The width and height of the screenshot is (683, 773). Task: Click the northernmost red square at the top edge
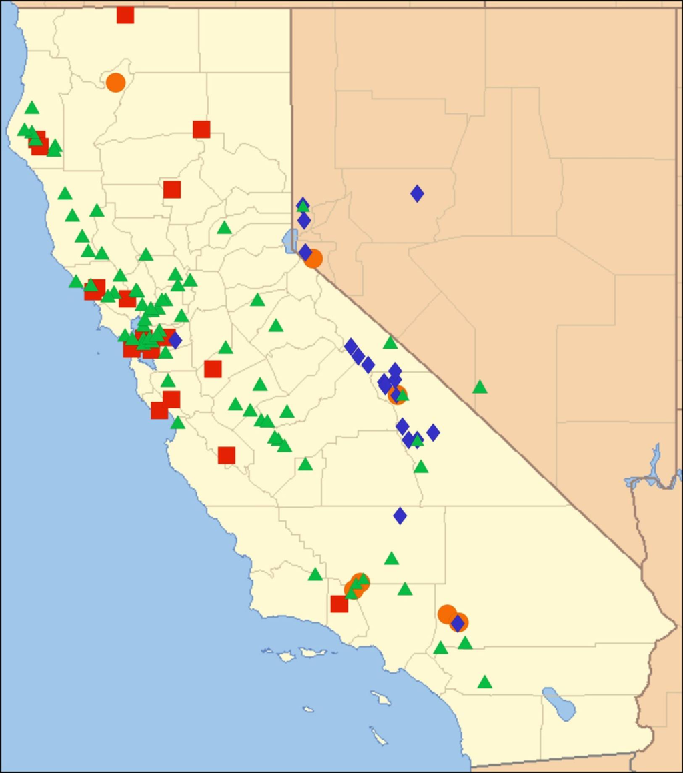point(125,15)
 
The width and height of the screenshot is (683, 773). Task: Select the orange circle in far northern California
point(115,82)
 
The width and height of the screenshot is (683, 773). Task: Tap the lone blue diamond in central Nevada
point(417,193)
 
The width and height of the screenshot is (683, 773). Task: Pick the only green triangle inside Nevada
point(480,387)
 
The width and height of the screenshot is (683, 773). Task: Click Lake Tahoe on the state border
point(290,240)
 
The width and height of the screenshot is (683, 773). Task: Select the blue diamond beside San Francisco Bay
point(175,340)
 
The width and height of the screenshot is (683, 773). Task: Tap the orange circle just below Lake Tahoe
point(313,259)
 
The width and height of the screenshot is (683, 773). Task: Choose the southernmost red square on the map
point(339,604)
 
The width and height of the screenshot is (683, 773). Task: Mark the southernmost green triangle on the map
point(485,682)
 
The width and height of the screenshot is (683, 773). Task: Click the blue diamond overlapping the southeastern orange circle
point(458,623)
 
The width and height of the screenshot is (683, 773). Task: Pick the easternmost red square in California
point(201,129)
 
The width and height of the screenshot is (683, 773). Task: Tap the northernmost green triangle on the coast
point(31,107)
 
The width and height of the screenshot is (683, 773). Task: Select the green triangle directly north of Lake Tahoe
point(303,205)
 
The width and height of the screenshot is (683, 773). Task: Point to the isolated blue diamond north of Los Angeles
point(400,515)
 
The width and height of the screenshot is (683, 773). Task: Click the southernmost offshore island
point(378,736)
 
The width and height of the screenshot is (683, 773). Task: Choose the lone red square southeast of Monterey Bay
point(227,455)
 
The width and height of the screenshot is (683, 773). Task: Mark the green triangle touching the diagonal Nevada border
point(390,343)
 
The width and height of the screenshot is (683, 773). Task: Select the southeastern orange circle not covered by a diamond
point(446,614)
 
